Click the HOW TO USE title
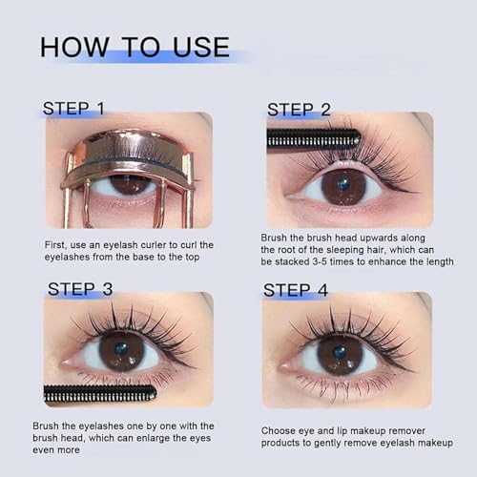[x=135, y=47]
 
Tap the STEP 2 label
[x=299, y=109]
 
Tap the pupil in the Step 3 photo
[x=121, y=348]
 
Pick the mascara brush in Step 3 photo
[x=100, y=393]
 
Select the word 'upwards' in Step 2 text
[x=377, y=235]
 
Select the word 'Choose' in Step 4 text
[x=280, y=430]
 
